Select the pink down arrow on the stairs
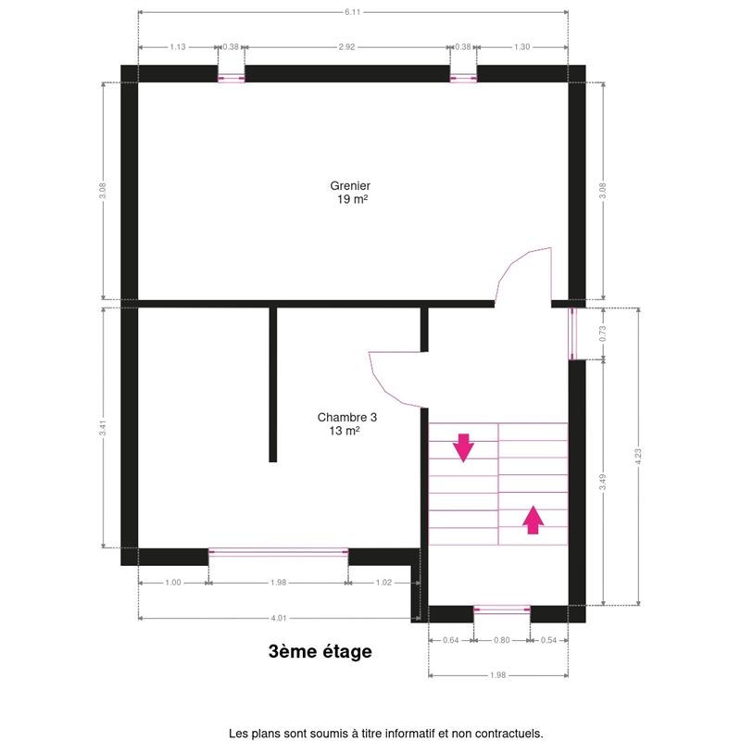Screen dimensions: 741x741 pos(463,447)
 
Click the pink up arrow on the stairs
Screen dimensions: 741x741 pos(534,520)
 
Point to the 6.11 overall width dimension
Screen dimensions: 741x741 pos(353,12)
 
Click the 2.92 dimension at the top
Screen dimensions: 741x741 pos(346,47)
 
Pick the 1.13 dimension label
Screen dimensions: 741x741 pos(178,47)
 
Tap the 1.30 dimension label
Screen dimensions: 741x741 pos(521,47)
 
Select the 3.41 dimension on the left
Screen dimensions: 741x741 pos(103,428)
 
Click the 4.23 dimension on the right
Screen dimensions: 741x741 pos(638,456)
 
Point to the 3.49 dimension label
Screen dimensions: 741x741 pos(603,482)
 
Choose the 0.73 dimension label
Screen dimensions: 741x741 pos(603,333)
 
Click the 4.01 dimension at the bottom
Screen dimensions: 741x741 pos(279,618)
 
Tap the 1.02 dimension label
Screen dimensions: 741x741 pos(383,583)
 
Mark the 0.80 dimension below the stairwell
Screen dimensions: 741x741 pos(501,640)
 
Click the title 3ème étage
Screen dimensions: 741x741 pos(320,651)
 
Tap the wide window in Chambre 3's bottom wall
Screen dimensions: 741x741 pos(279,552)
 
